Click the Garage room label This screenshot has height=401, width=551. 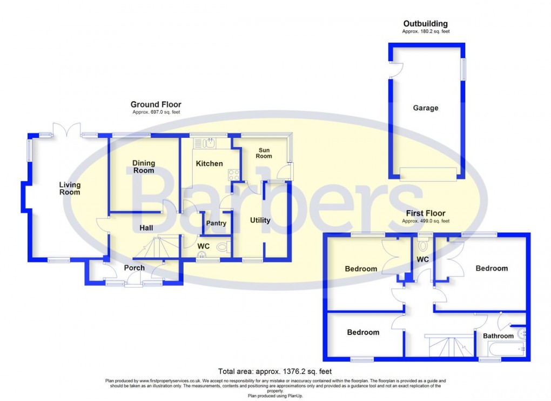[x=426, y=108]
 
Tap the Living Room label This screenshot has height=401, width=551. [x=70, y=189]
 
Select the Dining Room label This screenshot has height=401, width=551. [x=144, y=166]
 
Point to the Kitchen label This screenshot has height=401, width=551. [x=209, y=163]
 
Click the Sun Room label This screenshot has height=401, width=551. [x=264, y=152]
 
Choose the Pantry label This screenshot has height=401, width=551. [x=216, y=223]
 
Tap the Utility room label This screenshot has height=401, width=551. [x=260, y=220]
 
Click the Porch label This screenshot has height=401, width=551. [x=135, y=268]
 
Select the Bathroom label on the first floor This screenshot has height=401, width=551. [x=498, y=336]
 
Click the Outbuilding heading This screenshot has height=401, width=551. [x=425, y=24]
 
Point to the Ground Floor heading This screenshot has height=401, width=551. [x=156, y=104]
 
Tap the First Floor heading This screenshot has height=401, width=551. [x=426, y=213]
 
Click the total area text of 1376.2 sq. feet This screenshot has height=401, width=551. [x=275, y=371]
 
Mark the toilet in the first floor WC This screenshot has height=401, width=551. [x=422, y=245]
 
